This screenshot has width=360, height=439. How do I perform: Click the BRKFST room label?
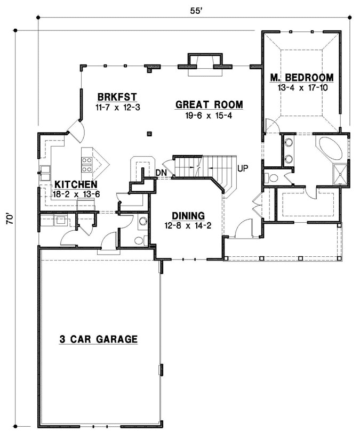pos(117,97)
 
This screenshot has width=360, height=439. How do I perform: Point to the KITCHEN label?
pos(75,184)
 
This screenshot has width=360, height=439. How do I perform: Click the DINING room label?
pos(188,216)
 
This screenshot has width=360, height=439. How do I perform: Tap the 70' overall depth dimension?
pos(9,221)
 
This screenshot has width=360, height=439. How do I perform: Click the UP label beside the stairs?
pos(243,168)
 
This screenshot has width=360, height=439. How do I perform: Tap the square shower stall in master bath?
pos(339,174)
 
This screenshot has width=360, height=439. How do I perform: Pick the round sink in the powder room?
pos(143,221)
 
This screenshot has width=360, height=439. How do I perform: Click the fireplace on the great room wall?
pos(204,61)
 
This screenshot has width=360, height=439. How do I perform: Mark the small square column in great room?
pos(149,133)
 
